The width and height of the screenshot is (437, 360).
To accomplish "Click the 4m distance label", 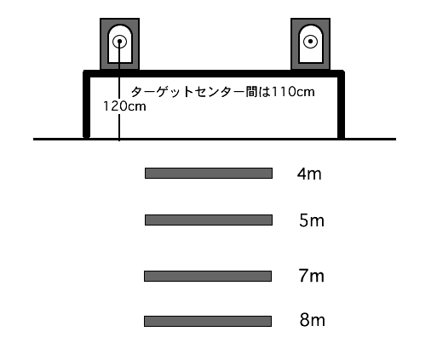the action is (309, 174).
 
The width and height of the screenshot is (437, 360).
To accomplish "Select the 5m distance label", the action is (312, 220).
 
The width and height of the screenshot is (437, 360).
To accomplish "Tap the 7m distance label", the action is (311, 276).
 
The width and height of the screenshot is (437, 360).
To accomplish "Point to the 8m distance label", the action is (312, 320).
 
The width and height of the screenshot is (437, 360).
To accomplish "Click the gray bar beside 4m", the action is (209, 173).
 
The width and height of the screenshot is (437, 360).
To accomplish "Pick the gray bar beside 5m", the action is (209, 220).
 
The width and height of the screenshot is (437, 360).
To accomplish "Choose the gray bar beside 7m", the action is (208, 276).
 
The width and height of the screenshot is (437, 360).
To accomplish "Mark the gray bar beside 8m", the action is (208, 321).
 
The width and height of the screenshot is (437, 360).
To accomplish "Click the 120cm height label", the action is (124, 106).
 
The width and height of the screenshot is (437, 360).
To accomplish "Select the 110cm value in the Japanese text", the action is (293, 92).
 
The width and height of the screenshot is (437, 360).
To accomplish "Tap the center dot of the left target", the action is (119, 42).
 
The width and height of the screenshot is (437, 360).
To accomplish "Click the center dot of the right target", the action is (310, 42).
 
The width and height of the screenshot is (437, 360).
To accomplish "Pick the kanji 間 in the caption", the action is (251, 92).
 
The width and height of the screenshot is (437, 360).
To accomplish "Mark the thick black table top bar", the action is (214, 73).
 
